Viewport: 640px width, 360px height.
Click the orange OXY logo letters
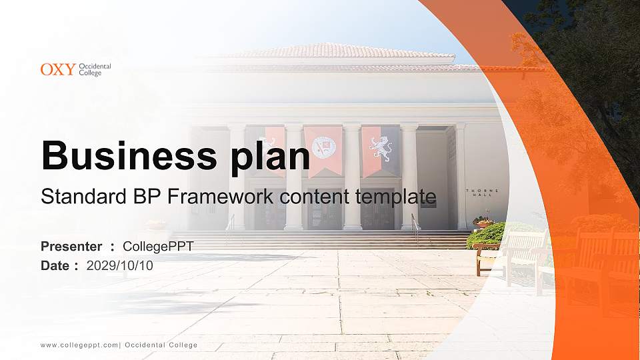tap(58, 69)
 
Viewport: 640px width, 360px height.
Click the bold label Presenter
tap(71, 247)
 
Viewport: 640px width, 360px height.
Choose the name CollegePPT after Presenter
tap(159, 247)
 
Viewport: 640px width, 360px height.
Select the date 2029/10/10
tap(120, 265)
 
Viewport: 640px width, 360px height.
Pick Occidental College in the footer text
tap(161, 345)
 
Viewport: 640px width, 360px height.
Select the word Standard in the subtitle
tap(82, 197)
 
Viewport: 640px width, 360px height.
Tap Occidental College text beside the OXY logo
tap(95, 69)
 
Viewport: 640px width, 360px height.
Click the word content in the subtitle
tap(317, 197)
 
